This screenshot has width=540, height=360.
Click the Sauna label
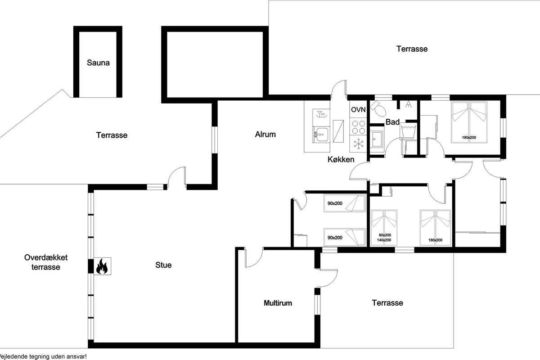[x=98, y=63]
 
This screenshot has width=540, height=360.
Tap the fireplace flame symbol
[x=102, y=266]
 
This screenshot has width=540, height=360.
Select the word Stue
[x=163, y=265]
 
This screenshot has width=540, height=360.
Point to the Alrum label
[x=265, y=134]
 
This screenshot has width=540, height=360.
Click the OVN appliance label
[x=358, y=110]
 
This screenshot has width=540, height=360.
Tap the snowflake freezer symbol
[x=359, y=144]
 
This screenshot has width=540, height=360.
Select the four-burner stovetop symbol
[x=358, y=127]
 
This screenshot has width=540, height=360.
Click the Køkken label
[x=341, y=159]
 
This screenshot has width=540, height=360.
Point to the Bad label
[x=392, y=122]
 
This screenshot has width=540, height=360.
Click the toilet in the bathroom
[x=378, y=108]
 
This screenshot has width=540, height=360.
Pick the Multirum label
[x=278, y=303]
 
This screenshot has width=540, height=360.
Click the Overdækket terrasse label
[x=46, y=262]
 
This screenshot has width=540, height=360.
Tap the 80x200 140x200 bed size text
[x=385, y=238]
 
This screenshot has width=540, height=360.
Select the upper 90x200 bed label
[x=335, y=203]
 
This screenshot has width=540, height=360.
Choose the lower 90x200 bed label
[x=335, y=238]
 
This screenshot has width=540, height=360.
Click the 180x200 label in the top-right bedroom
[x=469, y=137]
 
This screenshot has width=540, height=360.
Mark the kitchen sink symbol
[x=321, y=135]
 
